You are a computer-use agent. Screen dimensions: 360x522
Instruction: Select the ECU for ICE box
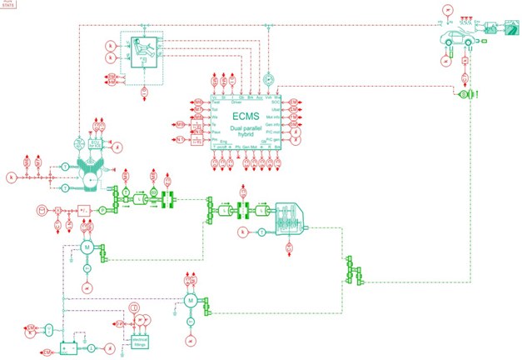point(97,143)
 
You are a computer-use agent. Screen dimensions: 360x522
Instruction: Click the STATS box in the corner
point(9,3)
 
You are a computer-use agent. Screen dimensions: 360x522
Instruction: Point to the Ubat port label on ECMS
point(277,109)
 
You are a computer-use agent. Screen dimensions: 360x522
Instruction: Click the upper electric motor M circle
point(86,247)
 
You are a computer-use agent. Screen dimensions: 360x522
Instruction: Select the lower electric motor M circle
point(190,300)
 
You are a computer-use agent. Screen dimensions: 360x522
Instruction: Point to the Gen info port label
point(274,124)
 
